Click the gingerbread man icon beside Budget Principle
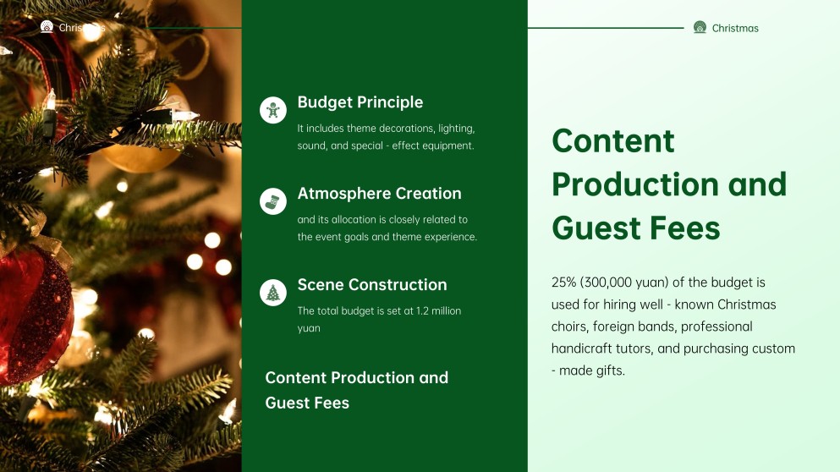tap(273, 110)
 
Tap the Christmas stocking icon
tap(273, 201)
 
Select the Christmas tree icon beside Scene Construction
tap(273, 293)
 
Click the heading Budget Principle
tap(360, 102)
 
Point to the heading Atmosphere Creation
tap(379, 194)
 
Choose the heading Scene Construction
tap(371, 285)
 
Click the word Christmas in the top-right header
tap(735, 28)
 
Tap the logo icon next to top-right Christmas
tap(700, 27)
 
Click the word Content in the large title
tap(612, 140)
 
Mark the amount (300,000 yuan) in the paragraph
tap(632, 283)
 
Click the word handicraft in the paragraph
tap(585, 349)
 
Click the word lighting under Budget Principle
tap(457, 129)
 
